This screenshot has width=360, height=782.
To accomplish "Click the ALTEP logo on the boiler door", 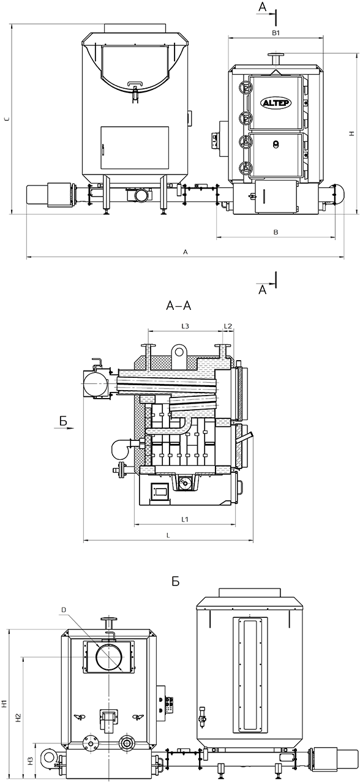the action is click(x=276, y=103).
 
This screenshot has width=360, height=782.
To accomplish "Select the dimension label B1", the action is click(x=276, y=33).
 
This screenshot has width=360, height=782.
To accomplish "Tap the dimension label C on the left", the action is click(x=7, y=119).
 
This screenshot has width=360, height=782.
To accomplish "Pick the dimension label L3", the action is click(x=185, y=326).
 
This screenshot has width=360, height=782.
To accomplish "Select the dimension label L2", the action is click(x=228, y=326).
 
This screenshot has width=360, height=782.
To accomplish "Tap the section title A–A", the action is click(x=179, y=306).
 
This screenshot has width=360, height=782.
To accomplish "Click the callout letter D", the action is click(x=64, y=609).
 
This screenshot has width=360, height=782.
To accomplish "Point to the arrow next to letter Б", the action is click(x=65, y=427).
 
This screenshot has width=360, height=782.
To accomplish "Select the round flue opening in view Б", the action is click(x=110, y=656).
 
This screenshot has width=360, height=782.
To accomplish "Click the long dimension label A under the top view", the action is click(x=186, y=252).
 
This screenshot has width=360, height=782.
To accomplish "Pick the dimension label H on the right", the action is click(x=351, y=133).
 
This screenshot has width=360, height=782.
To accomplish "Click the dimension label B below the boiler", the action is click(x=276, y=232).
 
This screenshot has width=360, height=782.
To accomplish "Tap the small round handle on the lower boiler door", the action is click(x=276, y=143).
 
